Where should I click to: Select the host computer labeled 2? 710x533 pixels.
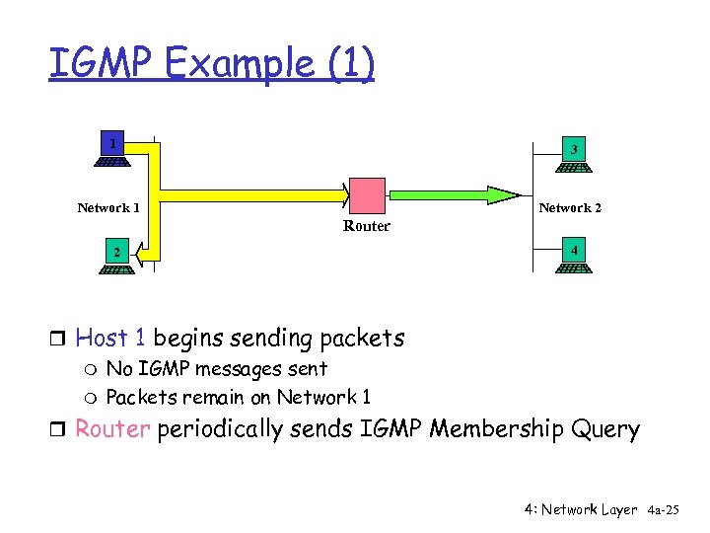point(115,259)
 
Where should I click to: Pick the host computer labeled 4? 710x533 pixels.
point(573,259)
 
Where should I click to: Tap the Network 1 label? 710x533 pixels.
point(108,207)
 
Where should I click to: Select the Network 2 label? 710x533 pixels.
point(570,207)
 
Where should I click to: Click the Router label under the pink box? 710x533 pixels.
point(367,226)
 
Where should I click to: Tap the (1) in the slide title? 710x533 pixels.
point(351,64)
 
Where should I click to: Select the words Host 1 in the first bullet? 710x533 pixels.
point(110,339)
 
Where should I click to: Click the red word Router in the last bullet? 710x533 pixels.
point(111,430)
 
